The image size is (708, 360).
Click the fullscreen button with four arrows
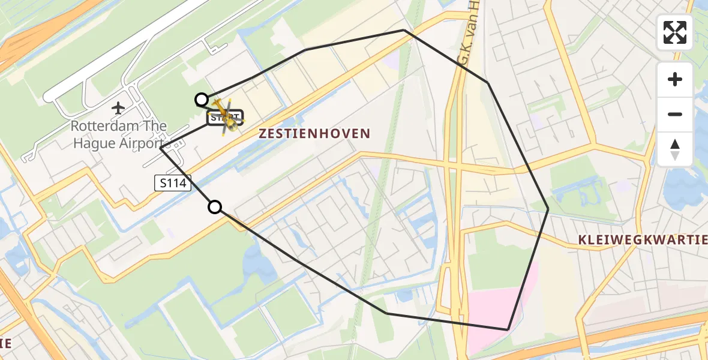675,32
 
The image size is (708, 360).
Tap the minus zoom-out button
675,114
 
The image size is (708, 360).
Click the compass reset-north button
675,149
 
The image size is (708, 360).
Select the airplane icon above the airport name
118,109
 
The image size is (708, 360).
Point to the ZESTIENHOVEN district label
314,134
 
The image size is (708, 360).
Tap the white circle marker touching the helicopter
202,100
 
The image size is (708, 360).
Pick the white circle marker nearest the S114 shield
215,208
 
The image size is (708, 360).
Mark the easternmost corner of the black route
548,208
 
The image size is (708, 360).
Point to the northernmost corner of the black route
404,30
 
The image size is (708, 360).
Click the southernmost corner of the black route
508,329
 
